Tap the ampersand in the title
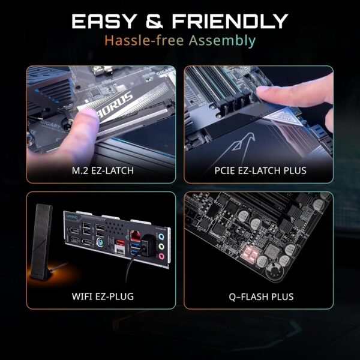click(153, 22)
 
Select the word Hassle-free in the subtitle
click(136, 41)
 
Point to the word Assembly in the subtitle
click(227, 41)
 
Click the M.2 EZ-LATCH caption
click(101, 171)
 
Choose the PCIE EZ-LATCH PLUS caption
click(259, 171)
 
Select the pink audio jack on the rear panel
click(161, 256)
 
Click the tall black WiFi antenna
click(44, 240)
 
